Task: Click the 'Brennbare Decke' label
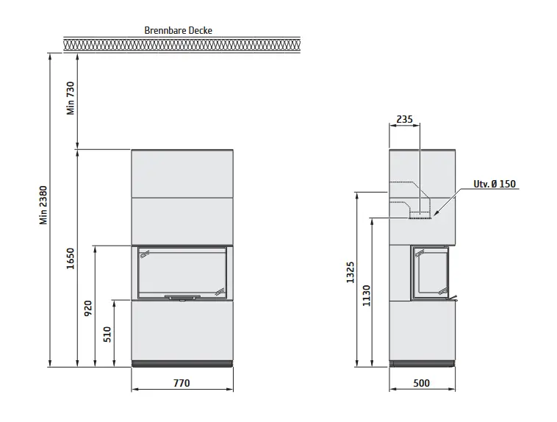179,31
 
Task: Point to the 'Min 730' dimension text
71,98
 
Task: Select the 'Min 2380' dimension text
43,205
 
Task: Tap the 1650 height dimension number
71,259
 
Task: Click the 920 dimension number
88,308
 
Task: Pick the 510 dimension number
107,335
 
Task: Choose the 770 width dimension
182,383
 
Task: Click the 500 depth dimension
422,383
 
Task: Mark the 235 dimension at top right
405,119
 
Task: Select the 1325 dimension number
351,272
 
